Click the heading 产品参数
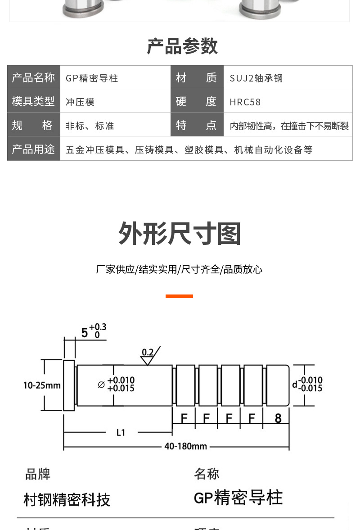[182, 46]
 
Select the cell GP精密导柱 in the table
[92, 78]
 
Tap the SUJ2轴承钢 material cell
[256, 78]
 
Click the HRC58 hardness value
[245, 102]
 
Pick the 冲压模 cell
[80, 102]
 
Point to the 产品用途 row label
[33, 149]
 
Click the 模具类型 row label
[33, 101]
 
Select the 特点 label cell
[197, 125]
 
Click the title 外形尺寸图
[180, 234]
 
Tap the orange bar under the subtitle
[179, 296]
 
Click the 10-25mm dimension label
[42, 385]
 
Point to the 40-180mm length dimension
[185, 446]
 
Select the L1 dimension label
[121, 433]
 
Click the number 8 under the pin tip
[278, 418]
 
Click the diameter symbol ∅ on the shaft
[101, 385]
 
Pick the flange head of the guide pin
[69, 385]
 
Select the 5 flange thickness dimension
[85, 333]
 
